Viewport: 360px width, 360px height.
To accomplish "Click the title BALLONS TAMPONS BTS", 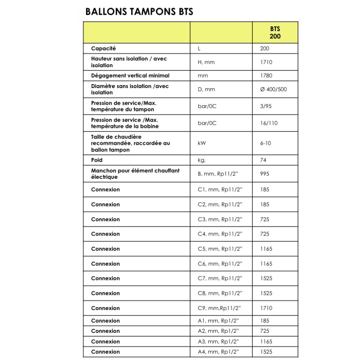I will pos(139,12).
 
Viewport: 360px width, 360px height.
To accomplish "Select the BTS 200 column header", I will pos(275,32).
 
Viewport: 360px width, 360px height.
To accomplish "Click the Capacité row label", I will pos(103,48).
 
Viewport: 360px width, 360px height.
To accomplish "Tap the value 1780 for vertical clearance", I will pos(266,76).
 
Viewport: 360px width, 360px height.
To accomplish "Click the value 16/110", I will pos(268,123).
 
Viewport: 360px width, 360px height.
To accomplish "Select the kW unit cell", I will pos(202,143).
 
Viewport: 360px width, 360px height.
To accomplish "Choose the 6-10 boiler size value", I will pos(265,143).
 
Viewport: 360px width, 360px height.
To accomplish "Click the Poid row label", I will pos(97,160).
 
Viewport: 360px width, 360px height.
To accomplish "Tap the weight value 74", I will pos(263,160).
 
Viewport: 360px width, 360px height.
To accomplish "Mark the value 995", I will pos(264,174).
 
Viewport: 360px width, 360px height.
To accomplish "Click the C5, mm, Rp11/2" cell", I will pos(220,249).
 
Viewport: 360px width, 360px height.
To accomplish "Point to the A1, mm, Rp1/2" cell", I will pos(218,321).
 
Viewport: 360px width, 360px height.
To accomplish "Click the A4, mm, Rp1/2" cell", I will pos(218,352).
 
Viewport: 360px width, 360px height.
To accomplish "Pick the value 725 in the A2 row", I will pos(264,331).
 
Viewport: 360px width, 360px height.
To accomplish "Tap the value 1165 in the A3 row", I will pos(266,341).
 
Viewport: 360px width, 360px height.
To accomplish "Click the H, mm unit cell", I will pos(206,62).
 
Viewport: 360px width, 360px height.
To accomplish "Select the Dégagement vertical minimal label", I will pos(130,76).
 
